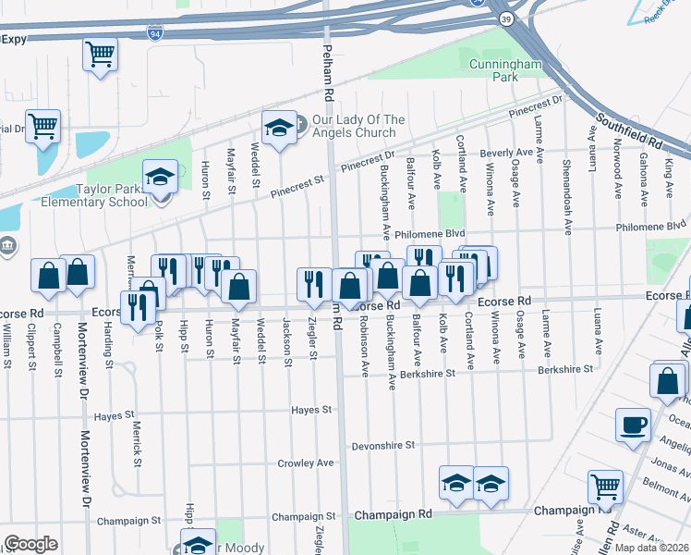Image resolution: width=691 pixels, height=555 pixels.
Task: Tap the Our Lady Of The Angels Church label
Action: pos(358,126)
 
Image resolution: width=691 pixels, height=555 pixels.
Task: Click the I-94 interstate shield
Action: pos(153,34)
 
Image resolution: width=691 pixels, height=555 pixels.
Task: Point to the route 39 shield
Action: pos(504,18)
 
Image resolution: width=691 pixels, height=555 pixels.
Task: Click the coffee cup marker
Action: pos(633,425)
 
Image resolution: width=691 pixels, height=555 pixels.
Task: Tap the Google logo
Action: pos(30,544)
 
